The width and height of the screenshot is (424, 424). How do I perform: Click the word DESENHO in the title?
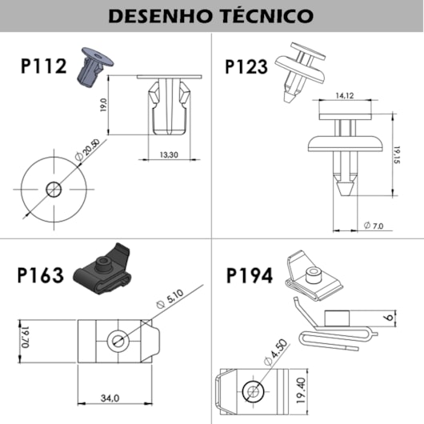click(x=158, y=15)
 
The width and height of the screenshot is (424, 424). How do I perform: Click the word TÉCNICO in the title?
click(x=264, y=15)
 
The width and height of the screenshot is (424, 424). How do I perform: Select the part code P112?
click(x=44, y=66)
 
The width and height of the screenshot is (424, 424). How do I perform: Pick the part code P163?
click(x=40, y=276)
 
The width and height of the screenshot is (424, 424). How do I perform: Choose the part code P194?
click(x=250, y=276)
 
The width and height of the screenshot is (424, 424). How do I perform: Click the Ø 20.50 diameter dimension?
click(x=88, y=150)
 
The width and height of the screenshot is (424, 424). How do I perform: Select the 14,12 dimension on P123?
click(x=346, y=96)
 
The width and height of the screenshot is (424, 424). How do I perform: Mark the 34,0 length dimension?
click(x=110, y=398)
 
